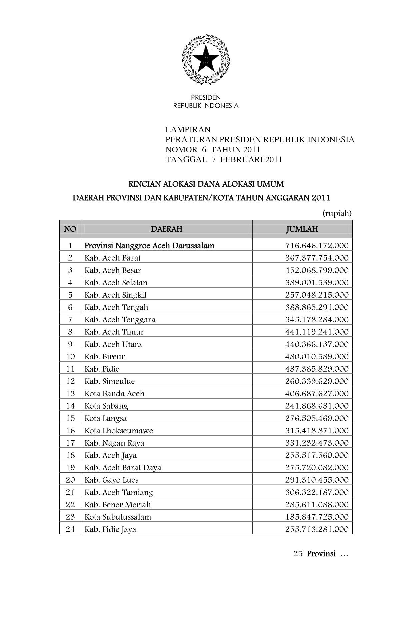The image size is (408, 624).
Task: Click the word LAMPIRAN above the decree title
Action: (188, 129)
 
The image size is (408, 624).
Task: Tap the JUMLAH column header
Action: (302, 229)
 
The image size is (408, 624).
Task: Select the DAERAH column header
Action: (166, 229)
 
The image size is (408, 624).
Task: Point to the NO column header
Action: (70, 229)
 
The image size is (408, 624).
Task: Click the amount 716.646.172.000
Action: (317, 246)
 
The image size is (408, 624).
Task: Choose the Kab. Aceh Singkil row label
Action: (115, 295)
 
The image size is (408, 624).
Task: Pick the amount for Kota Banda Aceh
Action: (317, 394)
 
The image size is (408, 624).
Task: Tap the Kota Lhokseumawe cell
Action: (119, 431)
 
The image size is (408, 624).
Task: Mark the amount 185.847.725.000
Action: (317, 517)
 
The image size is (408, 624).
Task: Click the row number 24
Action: (70, 529)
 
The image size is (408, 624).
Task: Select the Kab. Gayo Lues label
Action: (111, 480)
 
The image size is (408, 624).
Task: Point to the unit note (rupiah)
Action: (337, 214)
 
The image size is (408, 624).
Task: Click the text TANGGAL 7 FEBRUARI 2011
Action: (224, 160)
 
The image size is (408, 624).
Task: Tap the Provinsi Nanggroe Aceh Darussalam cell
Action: (149, 246)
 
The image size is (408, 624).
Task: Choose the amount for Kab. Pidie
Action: (317, 369)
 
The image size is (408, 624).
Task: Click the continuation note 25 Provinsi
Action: (321, 554)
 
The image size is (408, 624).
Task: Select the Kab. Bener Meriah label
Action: (118, 505)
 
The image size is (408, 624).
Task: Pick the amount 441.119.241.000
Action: (317, 332)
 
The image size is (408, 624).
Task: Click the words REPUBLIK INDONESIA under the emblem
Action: (206, 106)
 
